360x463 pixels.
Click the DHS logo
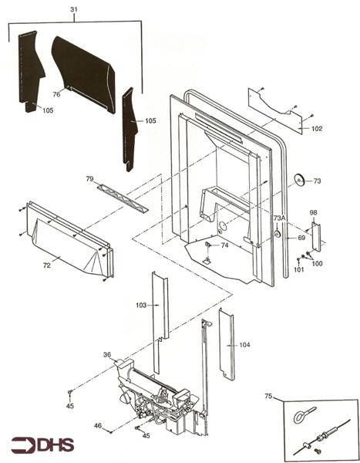click(x=43, y=445)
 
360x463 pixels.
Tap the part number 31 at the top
click(x=74, y=9)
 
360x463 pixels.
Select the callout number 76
click(x=56, y=94)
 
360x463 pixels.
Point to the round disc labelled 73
click(x=300, y=180)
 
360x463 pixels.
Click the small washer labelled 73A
click(x=278, y=234)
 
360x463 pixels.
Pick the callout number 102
click(x=317, y=128)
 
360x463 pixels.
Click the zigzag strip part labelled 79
click(x=123, y=198)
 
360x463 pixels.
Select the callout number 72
click(x=46, y=265)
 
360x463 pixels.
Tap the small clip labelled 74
click(x=207, y=244)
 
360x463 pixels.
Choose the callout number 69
click(x=301, y=238)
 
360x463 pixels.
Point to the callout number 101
click(x=298, y=269)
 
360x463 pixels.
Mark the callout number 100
click(x=317, y=263)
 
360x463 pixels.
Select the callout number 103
click(x=141, y=305)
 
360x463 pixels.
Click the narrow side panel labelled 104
click(x=227, y=344)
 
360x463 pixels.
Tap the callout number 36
click(x=107, y=354)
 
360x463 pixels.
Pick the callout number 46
click(x=98, y=425)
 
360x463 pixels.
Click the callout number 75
click(x=268, y=396)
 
